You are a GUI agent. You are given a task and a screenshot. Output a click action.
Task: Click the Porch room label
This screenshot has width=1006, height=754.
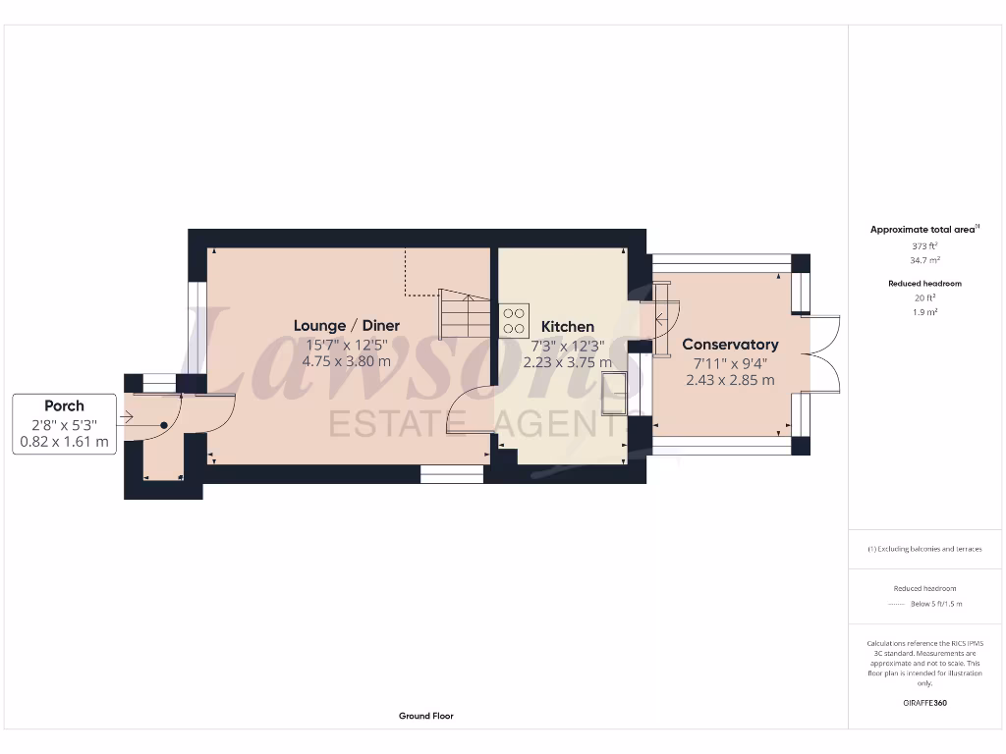(64, 405)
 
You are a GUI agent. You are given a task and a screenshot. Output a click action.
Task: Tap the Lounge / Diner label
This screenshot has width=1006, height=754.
(347, 326)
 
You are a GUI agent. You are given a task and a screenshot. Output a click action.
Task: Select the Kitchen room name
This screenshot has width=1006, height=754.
(568, 326)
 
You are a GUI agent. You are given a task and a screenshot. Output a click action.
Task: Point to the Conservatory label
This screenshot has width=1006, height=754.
(730, 345)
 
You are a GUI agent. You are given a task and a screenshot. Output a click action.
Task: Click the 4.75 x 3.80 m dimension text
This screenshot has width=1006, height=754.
(347, 361)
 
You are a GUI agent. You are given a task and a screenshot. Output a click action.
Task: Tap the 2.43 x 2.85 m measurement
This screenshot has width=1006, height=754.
(730, 380)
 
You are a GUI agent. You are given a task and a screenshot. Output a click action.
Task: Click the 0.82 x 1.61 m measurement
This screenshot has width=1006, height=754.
(64, 443)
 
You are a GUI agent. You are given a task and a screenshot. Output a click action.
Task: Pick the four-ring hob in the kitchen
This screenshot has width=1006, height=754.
(514, 321)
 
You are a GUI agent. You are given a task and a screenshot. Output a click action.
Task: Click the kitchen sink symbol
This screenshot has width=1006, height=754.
(615, 395)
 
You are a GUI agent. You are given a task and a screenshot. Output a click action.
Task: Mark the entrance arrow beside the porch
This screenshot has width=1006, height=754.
(125, 418)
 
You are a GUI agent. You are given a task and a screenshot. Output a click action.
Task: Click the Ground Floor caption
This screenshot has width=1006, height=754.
(426, 716)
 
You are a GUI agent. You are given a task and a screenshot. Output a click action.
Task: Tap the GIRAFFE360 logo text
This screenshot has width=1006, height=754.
(923, 703)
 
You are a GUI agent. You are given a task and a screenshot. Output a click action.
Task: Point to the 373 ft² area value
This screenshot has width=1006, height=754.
(923, 246)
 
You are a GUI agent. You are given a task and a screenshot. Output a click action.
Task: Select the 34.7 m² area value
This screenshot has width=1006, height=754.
(923, 261)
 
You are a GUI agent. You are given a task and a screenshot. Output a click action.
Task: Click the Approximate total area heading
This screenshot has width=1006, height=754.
(922, 230)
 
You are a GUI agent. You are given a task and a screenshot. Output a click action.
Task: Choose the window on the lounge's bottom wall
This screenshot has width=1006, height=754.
(452, 474)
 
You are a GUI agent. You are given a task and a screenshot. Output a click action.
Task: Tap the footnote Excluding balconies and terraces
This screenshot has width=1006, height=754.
(924, 549)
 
